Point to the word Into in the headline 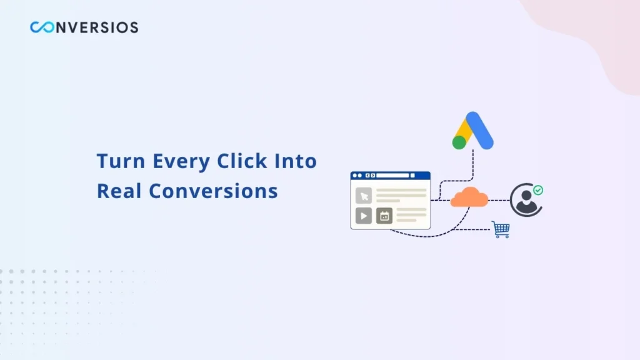tap(296, 161)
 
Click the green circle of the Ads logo tap(459, 142)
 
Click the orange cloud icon tap(469, 197)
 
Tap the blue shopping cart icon tap(500, 229)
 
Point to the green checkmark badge tap(537, 189)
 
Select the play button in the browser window tap(363, 216)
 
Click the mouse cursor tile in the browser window tap(363, 196)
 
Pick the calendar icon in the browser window tap(384, 216)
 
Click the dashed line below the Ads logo tap(473, 166)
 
